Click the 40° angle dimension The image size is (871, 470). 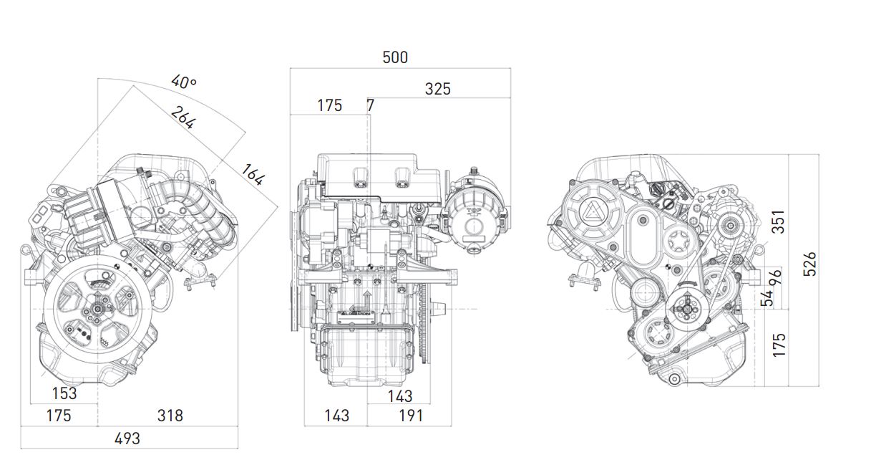pos(184,82)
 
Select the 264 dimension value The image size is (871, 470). pos(183,117)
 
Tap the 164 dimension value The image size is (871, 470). pos(253,175)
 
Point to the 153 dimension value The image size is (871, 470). pos(64,393)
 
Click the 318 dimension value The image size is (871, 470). pos(170,416)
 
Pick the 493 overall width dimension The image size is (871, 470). pos(127,438)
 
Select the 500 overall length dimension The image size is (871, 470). pos(395,57)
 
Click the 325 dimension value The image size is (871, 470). pos(438,89)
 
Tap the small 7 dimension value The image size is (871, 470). pos(370,105)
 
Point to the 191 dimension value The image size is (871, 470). pos(410,416)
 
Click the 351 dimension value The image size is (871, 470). pos(779,221)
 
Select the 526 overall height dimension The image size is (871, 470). pos(809,264)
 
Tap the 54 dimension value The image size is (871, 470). pos(767,297)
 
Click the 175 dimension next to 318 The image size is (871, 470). pos(59,416)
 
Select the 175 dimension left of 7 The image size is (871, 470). pos(330,105)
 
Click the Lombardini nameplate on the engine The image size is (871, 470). pos(368,316)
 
